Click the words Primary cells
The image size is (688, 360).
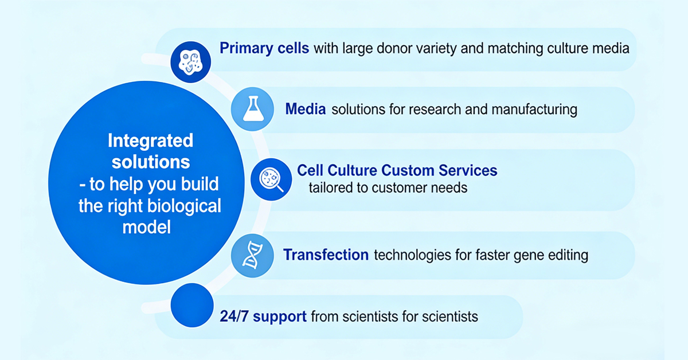pyautogui.click(x=264, y=48)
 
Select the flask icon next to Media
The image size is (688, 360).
pyautogui.click(x=251, y=109)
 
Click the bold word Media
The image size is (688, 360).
pyautogui.click(x=306, y=109)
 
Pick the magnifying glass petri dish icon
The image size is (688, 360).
pyautogui.click(x=271, y=179)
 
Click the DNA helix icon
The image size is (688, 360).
pyautogui.click(x=251, y=256)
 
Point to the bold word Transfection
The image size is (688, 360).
pyautogui.click(x=326, y=255)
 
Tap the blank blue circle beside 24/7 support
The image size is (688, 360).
pyautogui.click(x=191, y=304)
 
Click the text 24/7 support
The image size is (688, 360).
pyautogui.click(x=263, y=316)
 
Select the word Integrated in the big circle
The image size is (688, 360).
pyautogui.click(x=151, y=140)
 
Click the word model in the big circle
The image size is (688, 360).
pyautogui.click(x=147, y=227)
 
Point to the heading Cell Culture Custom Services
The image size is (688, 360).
pyautogui.click(x=397, y=170)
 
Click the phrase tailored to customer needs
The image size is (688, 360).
pyautogui.click(x=388, y=187)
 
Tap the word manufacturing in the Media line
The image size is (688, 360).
pyautogui.click(x=532, y=109)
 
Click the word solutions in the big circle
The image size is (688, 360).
pyautogui.click(x=151, y=162)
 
